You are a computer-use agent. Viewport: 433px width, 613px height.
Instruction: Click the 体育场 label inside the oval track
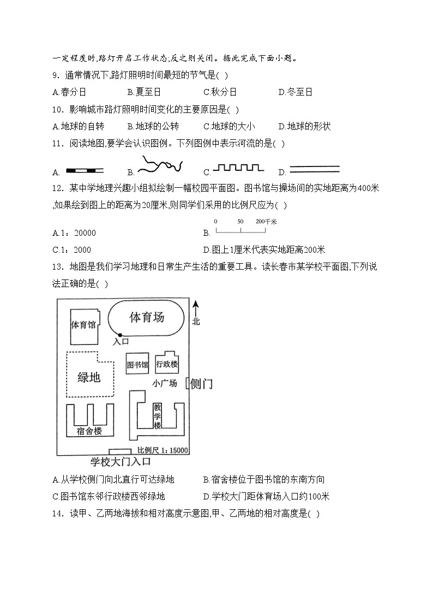point(147,317)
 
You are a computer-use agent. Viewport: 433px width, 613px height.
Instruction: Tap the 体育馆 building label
point(83,325)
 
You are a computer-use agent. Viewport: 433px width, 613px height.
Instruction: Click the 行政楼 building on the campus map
point(167,364)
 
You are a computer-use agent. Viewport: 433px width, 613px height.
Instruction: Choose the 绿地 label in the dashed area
point(89,377)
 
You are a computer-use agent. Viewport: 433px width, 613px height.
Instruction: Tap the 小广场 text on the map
point(165,383)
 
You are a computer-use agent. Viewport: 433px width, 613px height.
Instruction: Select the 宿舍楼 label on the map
point(89,431)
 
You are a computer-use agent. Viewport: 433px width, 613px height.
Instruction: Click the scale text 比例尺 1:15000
point(163,450)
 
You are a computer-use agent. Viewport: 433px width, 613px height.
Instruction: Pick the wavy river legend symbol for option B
point(160,164)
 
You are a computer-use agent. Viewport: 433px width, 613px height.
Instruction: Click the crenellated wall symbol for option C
point(238,167)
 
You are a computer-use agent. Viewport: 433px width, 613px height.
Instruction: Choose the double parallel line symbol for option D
point(314,169)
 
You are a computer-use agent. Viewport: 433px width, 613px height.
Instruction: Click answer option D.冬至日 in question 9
point(295,92)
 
